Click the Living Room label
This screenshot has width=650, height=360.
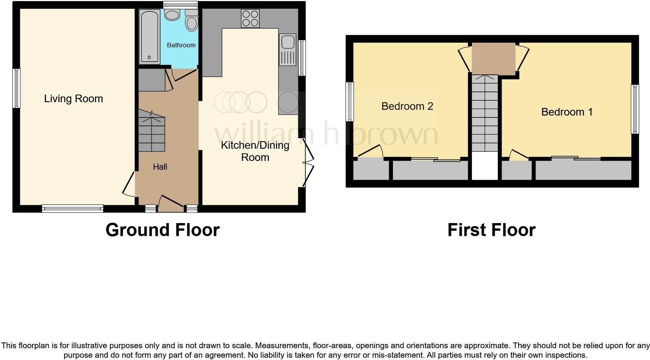(74, 99)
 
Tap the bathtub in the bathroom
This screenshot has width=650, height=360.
(149, 37)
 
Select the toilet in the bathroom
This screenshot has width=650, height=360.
(191, 21)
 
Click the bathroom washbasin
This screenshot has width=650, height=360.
(173, 15)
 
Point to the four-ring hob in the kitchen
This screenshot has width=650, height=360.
(250, 18)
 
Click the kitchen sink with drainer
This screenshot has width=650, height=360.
(288, 50)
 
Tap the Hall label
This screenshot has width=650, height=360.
(160, 167)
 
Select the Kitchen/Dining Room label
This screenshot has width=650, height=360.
(255, 151)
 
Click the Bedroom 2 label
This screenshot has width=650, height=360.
(407, 106)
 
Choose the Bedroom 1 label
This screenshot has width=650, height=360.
(567, 112)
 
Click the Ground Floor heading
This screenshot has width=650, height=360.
(162, 230)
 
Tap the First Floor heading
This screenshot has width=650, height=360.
(491, 230)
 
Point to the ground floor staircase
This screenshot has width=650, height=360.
(152, 132)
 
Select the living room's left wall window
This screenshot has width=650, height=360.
(16, 88)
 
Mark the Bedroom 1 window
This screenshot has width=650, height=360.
(635, 109)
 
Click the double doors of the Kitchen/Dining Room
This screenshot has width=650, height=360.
(307, 163)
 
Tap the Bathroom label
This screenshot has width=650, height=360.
(181, 45)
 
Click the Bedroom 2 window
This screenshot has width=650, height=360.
(349, 102)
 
